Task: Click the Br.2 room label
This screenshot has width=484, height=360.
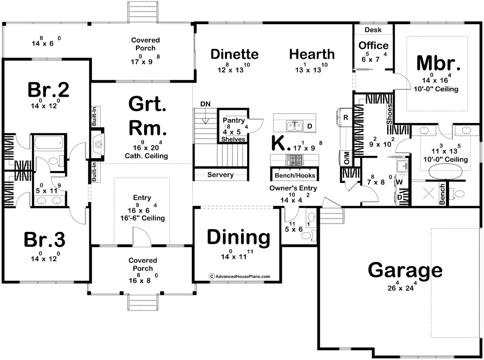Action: [48, 90]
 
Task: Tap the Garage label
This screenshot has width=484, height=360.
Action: [405, 270]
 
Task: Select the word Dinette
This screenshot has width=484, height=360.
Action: [235, 54]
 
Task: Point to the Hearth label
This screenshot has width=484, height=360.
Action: [312, 54]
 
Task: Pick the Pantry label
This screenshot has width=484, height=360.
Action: [234, 120]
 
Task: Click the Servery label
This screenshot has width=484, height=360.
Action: [220, 175]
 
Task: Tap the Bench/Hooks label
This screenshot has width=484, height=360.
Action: [295, 175]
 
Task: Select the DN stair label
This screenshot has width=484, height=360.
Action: [206, 104]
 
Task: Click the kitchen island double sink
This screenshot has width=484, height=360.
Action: [294, 126]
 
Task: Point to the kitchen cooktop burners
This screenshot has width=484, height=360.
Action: [294, 160]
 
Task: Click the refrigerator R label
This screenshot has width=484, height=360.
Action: [346, 118]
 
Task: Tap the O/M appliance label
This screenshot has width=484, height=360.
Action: [346, 158]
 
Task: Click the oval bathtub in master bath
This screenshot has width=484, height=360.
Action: [445, 172]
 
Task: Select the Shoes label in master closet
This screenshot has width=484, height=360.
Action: [389, 114]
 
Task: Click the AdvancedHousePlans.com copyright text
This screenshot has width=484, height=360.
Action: [239, 277]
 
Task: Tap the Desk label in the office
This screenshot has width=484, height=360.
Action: [373, 30]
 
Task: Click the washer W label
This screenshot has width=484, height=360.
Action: [399, 182]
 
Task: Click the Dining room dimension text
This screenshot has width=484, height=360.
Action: [237, 255]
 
